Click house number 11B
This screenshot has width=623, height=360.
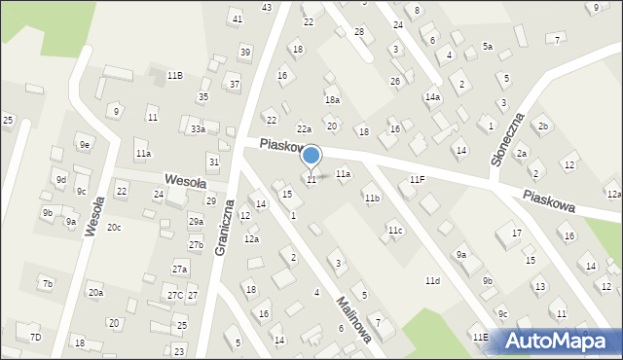(x=174, y=75)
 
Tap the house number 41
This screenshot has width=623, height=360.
(x=237, y=19)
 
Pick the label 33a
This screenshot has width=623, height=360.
(x=198, y=128)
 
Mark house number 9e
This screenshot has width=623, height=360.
(x=86, y=145)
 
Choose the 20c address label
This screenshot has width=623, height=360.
(x=114, y=227)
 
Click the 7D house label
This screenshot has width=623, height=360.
(x=35, y=337)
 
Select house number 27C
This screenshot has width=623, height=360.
(x=174, y=296)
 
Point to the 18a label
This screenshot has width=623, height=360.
(x=332, y=100)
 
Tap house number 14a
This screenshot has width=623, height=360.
(x=432, y=97)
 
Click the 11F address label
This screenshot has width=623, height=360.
(x=417, y=179)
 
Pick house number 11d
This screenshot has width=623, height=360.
(x=431, y=281)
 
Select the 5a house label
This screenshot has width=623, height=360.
(x=488, y=47)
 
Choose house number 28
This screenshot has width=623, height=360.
(x=358, y=32)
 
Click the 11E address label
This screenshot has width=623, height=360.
(x=480, y=337)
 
